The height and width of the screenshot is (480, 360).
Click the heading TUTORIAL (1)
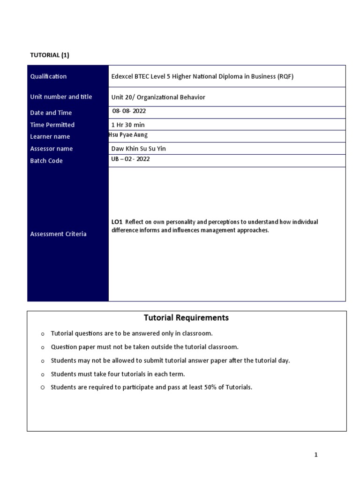point(50,55)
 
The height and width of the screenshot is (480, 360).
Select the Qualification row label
point(48,76)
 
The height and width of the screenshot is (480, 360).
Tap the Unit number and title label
point(61,97)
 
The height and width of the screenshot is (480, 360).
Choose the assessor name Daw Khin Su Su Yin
point(139,149)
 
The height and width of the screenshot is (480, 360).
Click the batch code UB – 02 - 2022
point(131,159)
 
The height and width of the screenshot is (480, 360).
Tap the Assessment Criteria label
point(58,234)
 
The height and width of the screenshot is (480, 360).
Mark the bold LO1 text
point(117,222)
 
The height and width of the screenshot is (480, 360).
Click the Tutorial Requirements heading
point(186,318)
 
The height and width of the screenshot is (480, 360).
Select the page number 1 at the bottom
point(316,455)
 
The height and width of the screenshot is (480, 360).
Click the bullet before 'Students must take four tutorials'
point(42,375)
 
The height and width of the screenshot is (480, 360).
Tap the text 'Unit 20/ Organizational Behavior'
point(158,97)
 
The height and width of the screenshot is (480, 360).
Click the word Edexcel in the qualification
point(123,77)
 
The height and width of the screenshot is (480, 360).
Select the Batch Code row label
point(46,161)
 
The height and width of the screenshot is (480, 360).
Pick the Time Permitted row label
point(52,125)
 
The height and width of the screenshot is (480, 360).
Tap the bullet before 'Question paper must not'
point(42,348)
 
